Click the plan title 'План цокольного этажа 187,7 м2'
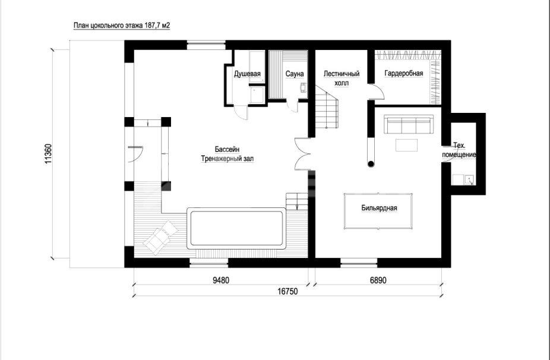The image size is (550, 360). (x=122, y=26)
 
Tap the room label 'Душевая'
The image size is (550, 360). (x=247, y=74)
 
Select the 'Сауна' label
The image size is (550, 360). (x=294, y=74)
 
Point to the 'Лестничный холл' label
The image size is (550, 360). (x=342, y=78)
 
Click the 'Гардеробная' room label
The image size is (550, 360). (x=404, y=73)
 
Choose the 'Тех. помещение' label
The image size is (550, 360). (x=459, y=150)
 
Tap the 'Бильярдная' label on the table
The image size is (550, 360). (x=379, y=208)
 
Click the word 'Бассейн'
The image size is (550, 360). (x=227, y=150)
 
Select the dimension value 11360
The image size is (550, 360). (x=48, y=153)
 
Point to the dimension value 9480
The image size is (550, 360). (x=221, y=280)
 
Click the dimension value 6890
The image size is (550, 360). (x=378, y=280)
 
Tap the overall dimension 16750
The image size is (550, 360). (x=287, y=292)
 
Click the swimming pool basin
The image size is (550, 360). (x=236, y=229)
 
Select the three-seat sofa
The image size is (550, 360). (x=408, y=125)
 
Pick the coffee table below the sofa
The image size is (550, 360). (x=406, y=145)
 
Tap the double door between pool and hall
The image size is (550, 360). (x=302, y=154)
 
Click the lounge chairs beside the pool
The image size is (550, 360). (x=161, y=237)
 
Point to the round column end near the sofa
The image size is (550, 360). (x=371, y=163)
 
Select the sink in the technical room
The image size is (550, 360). (x=469, y=180)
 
